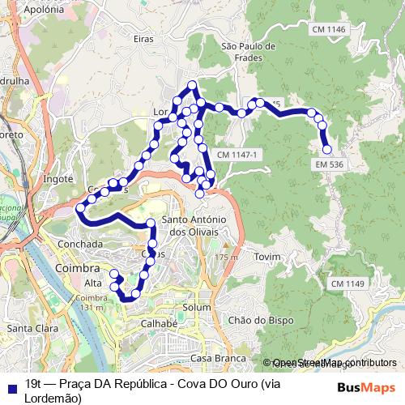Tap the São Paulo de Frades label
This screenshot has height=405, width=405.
pyautogui.click(x=248, y=53)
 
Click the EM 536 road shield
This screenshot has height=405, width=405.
pyautogui.click(x=330, y=164)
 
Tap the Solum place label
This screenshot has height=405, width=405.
pyautogui.click(x=197, y=308)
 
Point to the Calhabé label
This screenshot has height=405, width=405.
pyautogui.click(x=159, y=322)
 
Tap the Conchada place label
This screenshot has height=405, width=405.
pyautogui.click(x=80, y=243)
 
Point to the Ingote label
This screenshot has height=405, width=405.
pyautogui.click(x=58, y=178)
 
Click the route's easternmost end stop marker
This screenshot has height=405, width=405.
pyautogui.click(x=327, y=150)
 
